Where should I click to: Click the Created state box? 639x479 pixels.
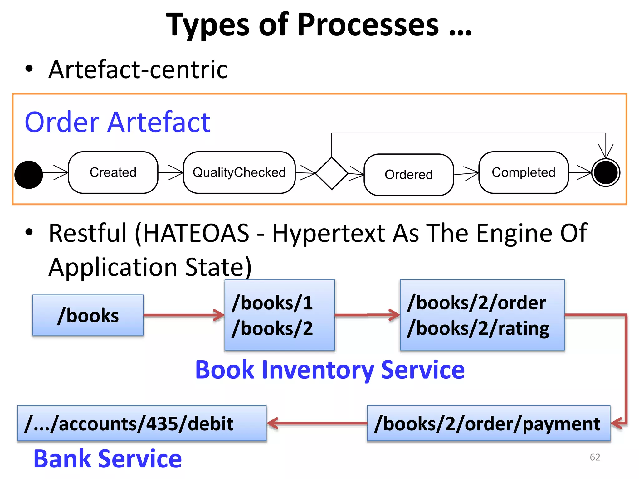pyautogui.click(x=113, y=172)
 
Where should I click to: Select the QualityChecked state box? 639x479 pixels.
pyautogui.click(x=239, y=172)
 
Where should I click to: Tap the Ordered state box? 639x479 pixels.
pyautogui.click(x=408, y=175)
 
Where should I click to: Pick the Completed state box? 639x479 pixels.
pyautogui.click(x=523, y=172)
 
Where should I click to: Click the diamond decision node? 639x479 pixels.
pyautogui.click(x=332, y=173)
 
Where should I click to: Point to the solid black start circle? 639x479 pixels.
pyautogui.click(x=29, y=175)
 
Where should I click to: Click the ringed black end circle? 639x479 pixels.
pyautogui.click(x=606, y=173)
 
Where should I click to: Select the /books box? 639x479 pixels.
pyautogui.click(x=88, y=315)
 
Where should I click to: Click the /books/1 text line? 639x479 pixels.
pyautogui.click(x=272, y=303)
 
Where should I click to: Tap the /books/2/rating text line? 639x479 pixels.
pyautogui.click(x=478, y=329)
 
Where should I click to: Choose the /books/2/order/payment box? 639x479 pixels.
pyautogui.click(x=488, y=423)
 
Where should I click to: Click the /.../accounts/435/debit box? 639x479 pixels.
pyautogui.click(x=142, y=423)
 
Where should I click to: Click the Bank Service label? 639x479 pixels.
pyautogui.click(x=108, y=459)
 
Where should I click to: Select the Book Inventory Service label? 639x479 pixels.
pyautogui.click(x=330, y=370)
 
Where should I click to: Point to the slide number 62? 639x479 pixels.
pyautogui.click(x=595, y=457)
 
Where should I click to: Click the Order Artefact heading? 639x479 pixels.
pyautogui.click(x=117, y=122)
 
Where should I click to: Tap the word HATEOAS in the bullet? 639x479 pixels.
pyautogui.click(x=196, y=233)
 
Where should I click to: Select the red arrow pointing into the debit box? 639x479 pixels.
pyautogui.click(x=317, y=423)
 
